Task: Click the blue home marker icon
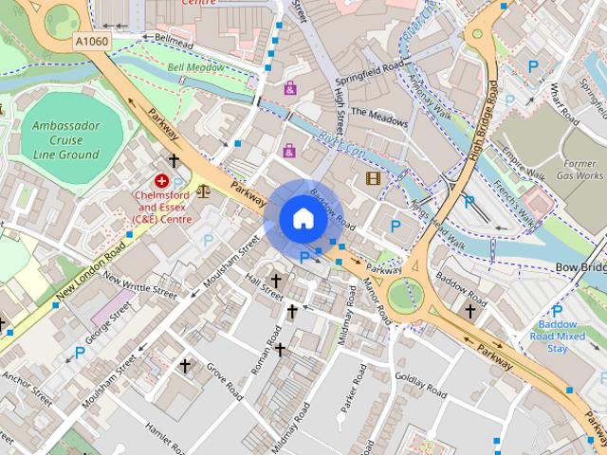click(302, 218)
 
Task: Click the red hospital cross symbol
click(162, 180)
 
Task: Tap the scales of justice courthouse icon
click(204, 190)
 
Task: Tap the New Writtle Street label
click(139, 288)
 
